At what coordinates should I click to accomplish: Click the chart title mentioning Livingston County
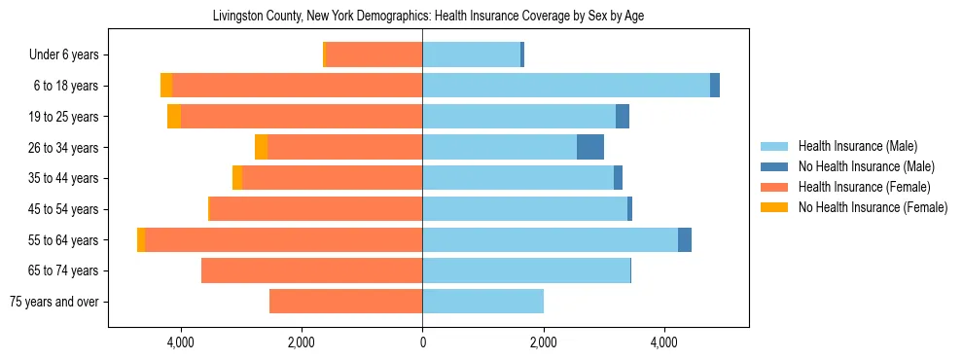pyautogui.click(x=428, y=16)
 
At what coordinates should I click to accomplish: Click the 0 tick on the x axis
pyautogui.click(x=422, y=342)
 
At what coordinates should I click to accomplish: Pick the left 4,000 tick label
pyautogui.click(x=181, y=342)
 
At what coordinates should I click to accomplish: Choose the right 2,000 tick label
pyautogui.click(x=543, y=342)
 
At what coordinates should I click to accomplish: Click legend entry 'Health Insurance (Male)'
pyautogui.click(x=857, y=146)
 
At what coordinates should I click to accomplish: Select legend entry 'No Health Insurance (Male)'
pyautogui.click(x=865, y=166)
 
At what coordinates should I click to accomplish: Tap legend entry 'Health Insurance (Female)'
pyautogui.click(x=864, y=187)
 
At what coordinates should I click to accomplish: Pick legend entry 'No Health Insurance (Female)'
pyautogui.click(x=872, y=207)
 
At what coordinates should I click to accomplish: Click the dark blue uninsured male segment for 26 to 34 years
pyautogui.click(x=590, y=148)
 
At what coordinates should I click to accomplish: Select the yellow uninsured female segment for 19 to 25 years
pyautogui.click(x=174, y=117)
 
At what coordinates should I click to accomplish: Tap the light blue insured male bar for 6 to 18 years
pyautogui.click(x=566, y=86)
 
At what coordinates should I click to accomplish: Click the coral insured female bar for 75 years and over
pyautogui.click(x=345, y=302)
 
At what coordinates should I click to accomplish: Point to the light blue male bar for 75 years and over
pyautogui.click(x=482, y=302)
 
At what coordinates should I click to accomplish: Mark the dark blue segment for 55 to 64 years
pyautogui.click(x=685, y=240)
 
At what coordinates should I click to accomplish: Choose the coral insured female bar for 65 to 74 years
pyautogui.click(x=311, y=270)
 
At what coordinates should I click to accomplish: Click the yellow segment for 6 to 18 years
pyautogui.click(x=166, y=86)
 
